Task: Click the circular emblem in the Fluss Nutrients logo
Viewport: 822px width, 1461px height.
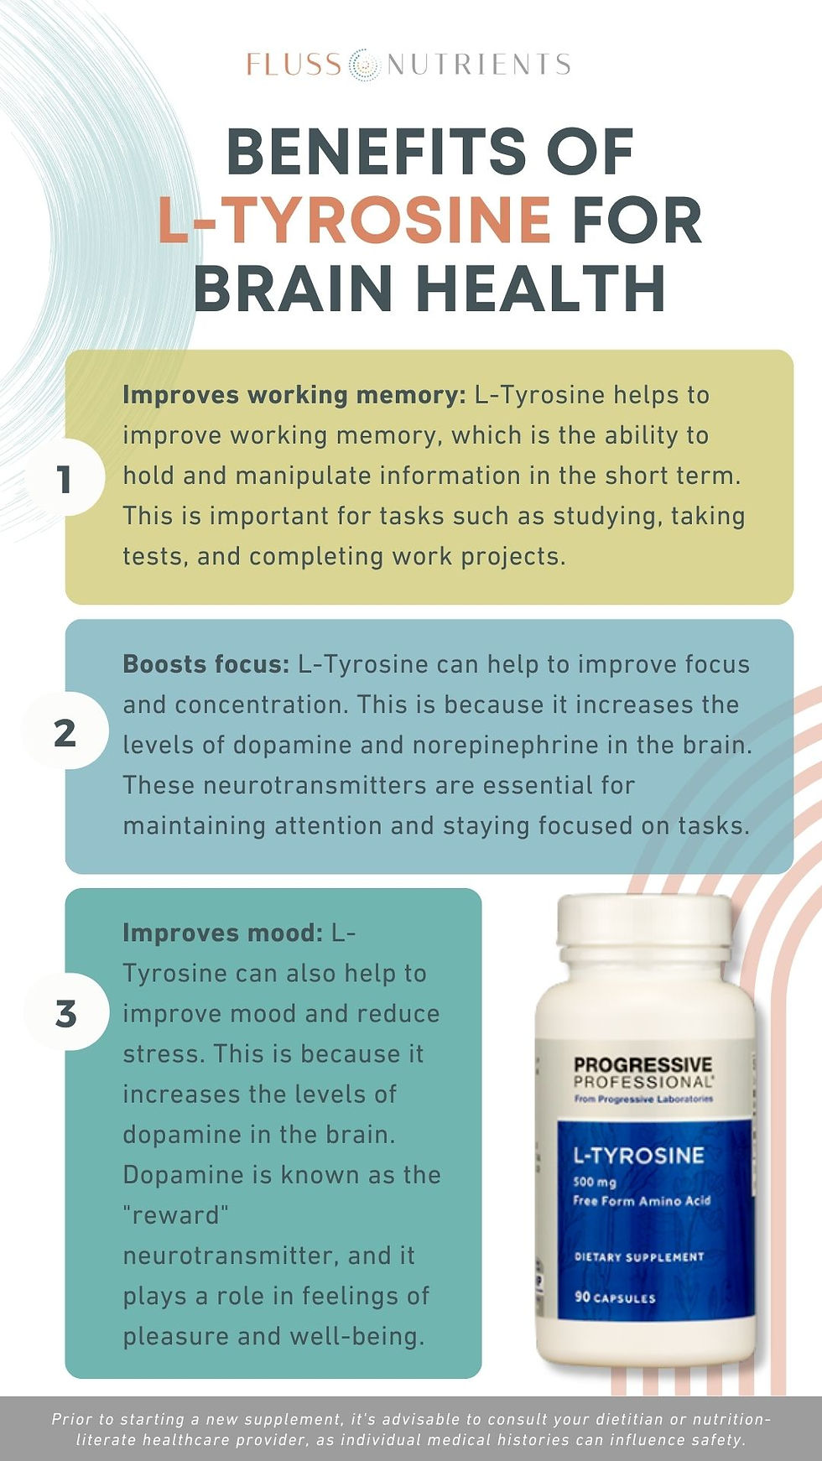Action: coord(363,65)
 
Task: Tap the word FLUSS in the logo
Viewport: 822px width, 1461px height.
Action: coord(294,65)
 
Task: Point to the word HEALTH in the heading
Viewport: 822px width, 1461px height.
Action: coord(541,288)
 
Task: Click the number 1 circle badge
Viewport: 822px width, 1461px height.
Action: coord(64,479)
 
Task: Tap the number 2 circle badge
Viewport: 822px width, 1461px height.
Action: coord(65,733)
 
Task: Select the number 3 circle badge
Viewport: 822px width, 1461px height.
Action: coord(65,1013)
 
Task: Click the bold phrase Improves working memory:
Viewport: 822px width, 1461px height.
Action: coord(294,395)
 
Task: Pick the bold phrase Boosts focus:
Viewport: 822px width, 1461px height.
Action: coord(205,664)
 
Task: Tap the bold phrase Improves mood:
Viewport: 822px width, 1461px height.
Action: coord(222,933)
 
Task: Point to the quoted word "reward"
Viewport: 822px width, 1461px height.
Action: coord(175,1214)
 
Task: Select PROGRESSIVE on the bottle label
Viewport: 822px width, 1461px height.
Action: coord(643,1064)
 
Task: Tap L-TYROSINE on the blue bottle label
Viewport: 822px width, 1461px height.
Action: coord(638,1155)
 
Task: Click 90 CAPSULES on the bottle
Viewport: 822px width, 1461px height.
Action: coord(615,1297)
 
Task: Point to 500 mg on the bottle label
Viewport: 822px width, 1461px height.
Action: coord(595,1182)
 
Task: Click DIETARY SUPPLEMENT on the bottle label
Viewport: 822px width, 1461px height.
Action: coord(639,1256)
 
